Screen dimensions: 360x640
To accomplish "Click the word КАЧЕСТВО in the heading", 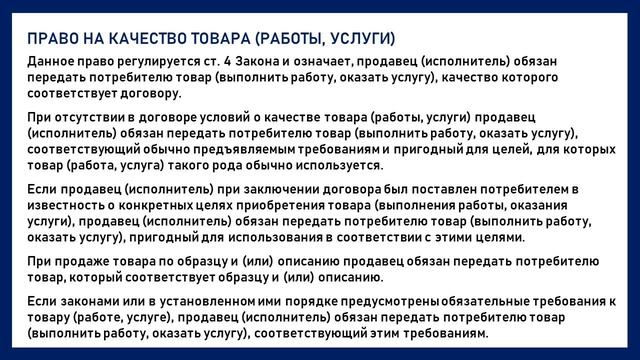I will point(132,39).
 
